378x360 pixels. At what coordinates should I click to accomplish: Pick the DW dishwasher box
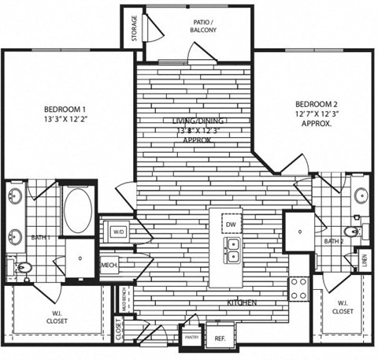231,225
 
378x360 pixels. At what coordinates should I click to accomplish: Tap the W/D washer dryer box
119,232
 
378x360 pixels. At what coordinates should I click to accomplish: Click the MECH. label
109,265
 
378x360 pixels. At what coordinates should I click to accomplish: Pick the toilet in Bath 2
355,232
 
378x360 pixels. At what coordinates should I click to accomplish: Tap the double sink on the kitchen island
231,251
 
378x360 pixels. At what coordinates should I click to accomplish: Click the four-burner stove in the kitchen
299,289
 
